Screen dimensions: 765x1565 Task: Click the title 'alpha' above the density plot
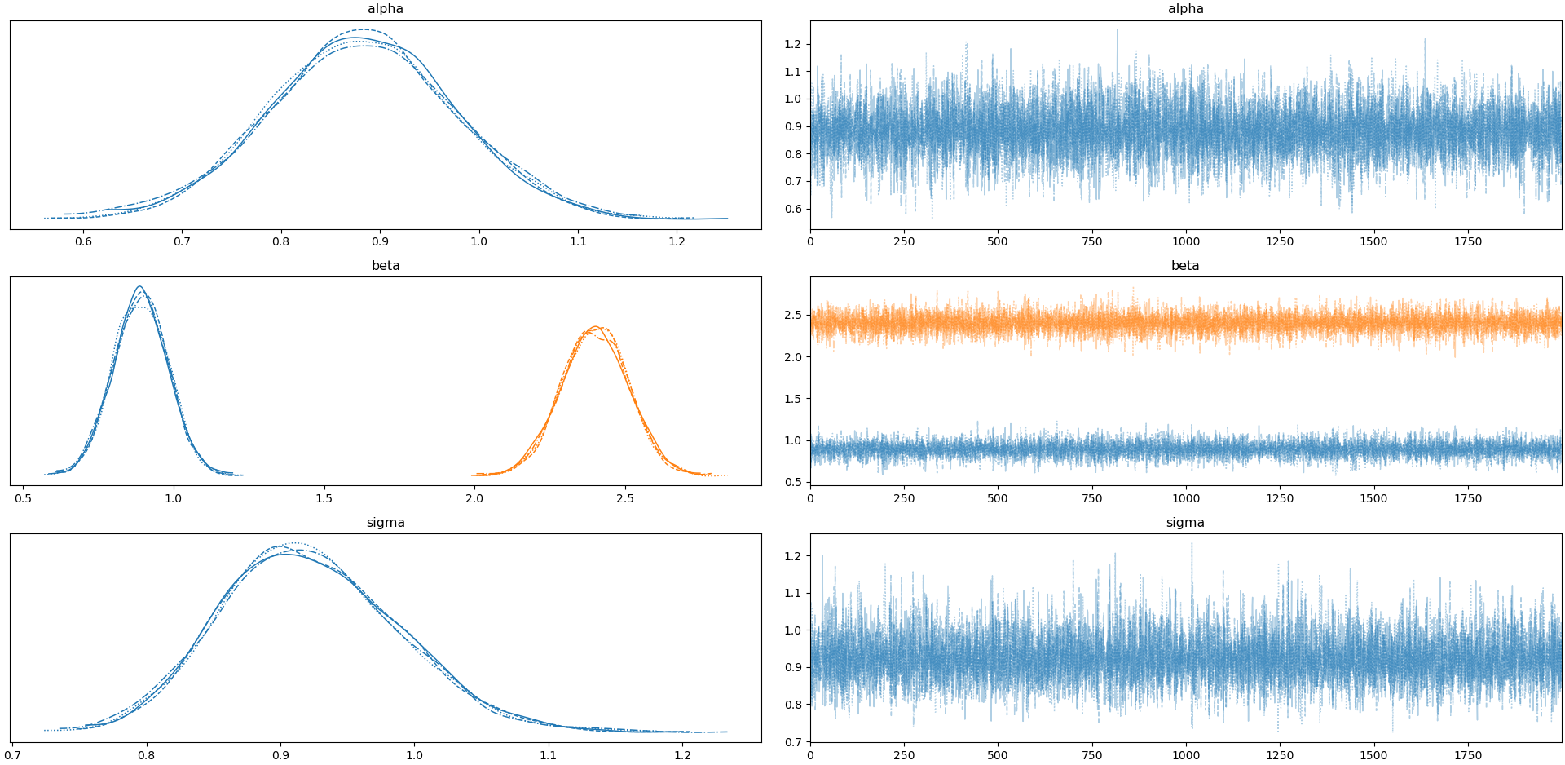click(x=386, y=9)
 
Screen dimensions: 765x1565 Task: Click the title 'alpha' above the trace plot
click(x=1185, y=9)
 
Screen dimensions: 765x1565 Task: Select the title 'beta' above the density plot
click(x=386, y=266)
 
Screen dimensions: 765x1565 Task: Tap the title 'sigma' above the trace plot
click(x=1185, y=523)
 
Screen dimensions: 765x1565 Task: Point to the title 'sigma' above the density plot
click(x=386, y=523)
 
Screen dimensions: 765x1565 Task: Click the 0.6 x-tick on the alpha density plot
click(x=83, y=241)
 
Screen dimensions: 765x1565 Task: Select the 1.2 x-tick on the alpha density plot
click(x=677, y=241)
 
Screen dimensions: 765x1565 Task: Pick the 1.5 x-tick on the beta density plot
click(x=324, y=498)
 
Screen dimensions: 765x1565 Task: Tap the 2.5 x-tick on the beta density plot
click(x=624, y=498)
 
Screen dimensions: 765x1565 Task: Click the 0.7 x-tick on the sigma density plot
click(x=12, y=755)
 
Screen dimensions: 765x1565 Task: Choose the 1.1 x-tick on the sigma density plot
click(x=548, y=755)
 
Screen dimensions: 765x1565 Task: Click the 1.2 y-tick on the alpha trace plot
click(x=793, y=44)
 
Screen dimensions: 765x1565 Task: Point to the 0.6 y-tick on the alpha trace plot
click(x=793, y=209)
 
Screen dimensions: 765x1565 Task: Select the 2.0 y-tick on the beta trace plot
click(x=793, y=357)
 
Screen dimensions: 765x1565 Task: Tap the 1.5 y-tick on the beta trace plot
click(x=793, y=399)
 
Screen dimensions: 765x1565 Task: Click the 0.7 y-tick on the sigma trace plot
click(x=793, y=742)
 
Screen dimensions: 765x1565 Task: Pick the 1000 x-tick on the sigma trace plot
click(x=1185, y=755)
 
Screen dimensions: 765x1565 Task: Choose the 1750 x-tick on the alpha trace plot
click(x=1468, y=241)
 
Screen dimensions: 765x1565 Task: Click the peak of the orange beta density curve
click(x=596, y=327)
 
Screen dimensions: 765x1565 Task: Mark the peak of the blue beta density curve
click(x=139, y=287)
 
